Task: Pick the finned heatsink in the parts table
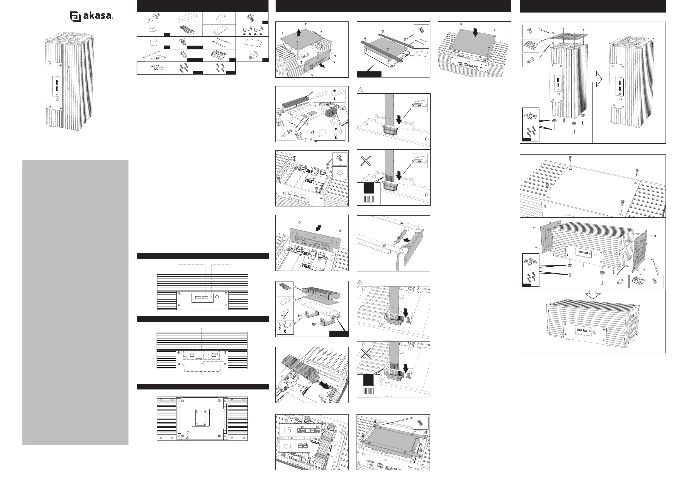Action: (x=186, y=30)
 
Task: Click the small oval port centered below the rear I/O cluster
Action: (x=202, y=364)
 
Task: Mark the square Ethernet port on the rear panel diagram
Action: (x=199, y=356)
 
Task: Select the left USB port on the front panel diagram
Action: (x=198, y=297)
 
